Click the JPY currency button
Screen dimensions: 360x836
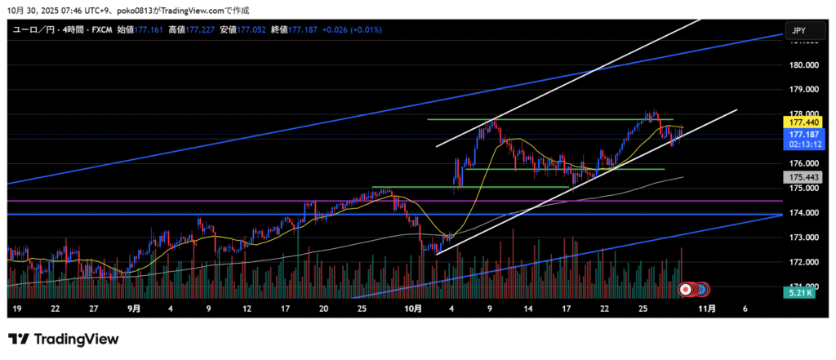click(x=798, y=31)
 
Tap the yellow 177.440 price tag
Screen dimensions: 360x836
click(x=799, y=122)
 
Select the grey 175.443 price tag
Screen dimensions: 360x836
click(x=799, y=177)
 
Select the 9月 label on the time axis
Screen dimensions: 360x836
click(x=134, y=309)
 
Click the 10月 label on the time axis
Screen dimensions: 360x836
click(x=413, y=309)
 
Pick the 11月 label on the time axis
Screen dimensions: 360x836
click(x=707, y=309)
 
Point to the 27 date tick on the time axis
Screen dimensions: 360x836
click(x=94, y=309)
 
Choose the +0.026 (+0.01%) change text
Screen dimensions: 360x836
click(x=354, y=30)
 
